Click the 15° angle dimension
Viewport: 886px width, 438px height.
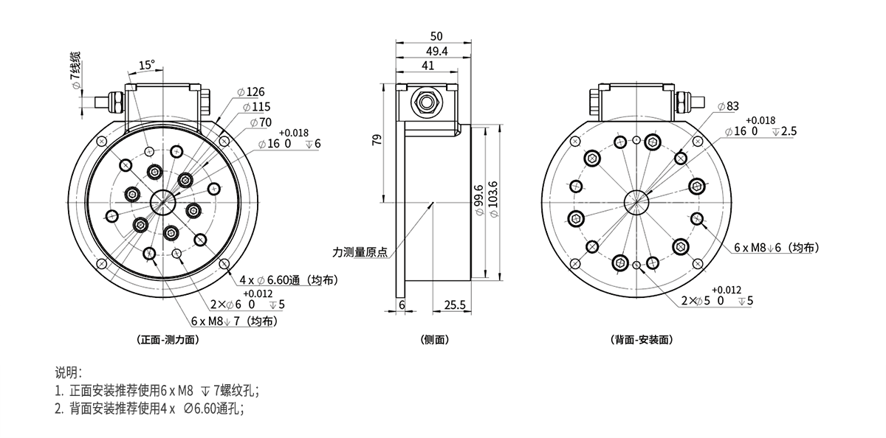[x=145, y=64]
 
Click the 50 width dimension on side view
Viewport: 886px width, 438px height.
[x=436, y=36]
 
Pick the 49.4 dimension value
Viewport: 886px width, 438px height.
[x=436, y=51]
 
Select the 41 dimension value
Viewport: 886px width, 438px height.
[x=427, y=66]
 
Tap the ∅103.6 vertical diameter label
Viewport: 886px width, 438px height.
[x=493, y=199]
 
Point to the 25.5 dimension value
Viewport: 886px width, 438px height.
[x=455, y=304]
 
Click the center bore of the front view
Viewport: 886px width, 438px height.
[x=162, y=202]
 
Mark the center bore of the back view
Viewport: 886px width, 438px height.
[x=636, y=201]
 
